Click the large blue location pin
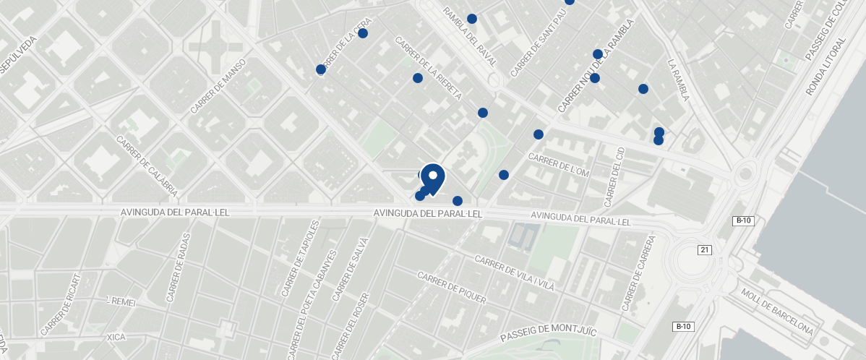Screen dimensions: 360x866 tap(432, 178)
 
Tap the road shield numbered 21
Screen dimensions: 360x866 tap(705, 249)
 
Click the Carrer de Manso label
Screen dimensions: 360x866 tap(219, 86)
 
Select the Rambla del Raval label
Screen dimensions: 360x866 tap(471, 37)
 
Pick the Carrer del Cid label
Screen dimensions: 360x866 tap(614, 176)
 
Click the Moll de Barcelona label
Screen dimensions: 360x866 tap(777, 314)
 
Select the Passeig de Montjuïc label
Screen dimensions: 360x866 tap(549, 334)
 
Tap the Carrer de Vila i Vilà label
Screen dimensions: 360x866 tap(514, 273)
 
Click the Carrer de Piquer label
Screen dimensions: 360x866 tap(452, 288)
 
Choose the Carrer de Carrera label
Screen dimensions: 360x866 tap(642, 268)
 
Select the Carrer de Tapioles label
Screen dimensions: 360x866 tap(300, 259)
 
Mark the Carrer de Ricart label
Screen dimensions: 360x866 tap(59, 304)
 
